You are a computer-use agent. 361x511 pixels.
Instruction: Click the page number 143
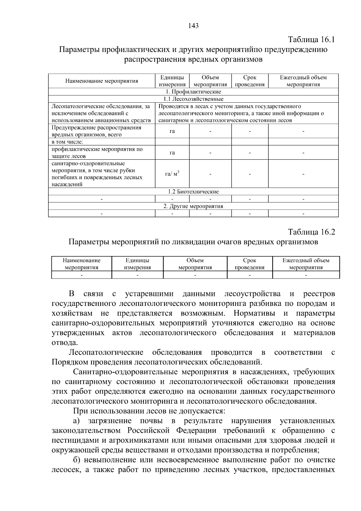click(x=193, y=26)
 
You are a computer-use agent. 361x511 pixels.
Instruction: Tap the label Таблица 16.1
click(x=311, y=40)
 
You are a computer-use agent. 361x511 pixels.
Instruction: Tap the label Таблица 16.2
click(x=311, y=232)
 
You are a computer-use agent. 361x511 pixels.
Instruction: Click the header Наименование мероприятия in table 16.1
click(x=102, y=81)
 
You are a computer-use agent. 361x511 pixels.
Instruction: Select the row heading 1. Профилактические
click(x=193, y=92)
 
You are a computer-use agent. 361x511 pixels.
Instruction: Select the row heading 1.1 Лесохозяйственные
click(x=193, y=99)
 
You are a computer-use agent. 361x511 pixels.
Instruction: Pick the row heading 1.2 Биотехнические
click(x=193, y=192)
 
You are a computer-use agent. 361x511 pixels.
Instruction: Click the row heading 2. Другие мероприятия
click(x=193, y=206)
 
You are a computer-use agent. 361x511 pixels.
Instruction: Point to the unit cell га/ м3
click(x=172, y=174)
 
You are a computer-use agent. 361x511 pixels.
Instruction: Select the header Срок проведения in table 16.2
click(x=249, y=264)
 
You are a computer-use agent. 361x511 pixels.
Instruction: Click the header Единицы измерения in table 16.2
click(x=137, y=264)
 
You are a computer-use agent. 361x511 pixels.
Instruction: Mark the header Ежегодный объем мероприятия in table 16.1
click(x=303, y=81)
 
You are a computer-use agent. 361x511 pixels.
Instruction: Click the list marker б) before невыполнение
click(x=77, y=460)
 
